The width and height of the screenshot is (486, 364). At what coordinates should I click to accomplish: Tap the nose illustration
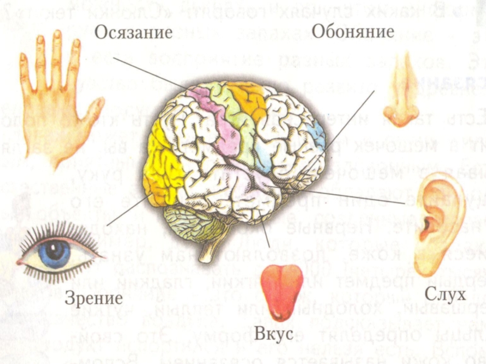coord(402,91)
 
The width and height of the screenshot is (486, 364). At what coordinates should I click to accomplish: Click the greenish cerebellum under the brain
coord(185,221)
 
